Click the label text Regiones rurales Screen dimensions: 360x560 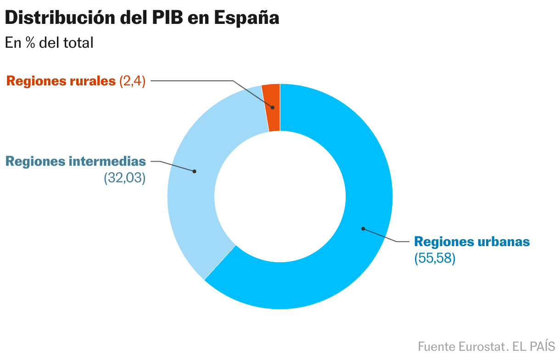pyautogui.click(x=61, y=81)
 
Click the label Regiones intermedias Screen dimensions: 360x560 pyautogui.click(x=76, y=162)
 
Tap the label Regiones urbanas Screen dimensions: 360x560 pyautogui.click(x=472, y=242)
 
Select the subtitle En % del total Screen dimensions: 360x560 pyautogui.click(x=49, y=43)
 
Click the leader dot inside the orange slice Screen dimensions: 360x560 pyautogui.click(x=273, y=107)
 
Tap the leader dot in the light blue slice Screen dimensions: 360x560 pyautogui.click(x=194, y=171)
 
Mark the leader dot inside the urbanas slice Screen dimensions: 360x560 pyautogui.click(x=363, y=228)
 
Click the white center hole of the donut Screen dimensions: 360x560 pyautogui.click(x=280, y=197)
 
